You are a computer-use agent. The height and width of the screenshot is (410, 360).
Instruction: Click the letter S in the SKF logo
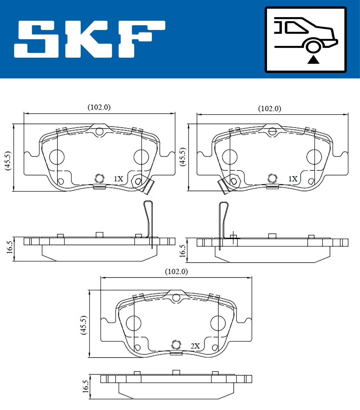tap(36, 39)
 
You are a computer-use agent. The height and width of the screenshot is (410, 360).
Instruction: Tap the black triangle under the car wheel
tap(313, 60)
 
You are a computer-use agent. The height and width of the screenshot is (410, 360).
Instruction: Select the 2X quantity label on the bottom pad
tap(195, 346)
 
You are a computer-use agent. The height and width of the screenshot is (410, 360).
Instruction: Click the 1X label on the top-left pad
tap(118, 179)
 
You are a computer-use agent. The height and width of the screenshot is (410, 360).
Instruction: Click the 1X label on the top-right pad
tap(293, 179)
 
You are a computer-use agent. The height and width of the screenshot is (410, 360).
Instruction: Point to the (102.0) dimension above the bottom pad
tap(176, 272)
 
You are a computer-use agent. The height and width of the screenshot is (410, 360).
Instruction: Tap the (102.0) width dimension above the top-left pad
tap(99, 107)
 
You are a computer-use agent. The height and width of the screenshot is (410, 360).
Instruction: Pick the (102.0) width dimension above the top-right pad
tap(270, 109)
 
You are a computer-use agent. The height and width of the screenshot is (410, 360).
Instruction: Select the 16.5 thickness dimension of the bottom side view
tap(86, 386)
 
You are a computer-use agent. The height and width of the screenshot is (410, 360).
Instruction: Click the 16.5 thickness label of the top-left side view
tap(10, 247)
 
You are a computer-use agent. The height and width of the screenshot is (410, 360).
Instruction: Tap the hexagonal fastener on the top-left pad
tap(138, 181)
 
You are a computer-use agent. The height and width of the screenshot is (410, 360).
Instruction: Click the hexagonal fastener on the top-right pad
tap(234, 181)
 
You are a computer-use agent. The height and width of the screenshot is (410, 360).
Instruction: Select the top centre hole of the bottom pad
tap(176, 298)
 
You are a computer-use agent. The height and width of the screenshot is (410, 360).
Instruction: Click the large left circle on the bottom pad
tap(133, 323)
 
